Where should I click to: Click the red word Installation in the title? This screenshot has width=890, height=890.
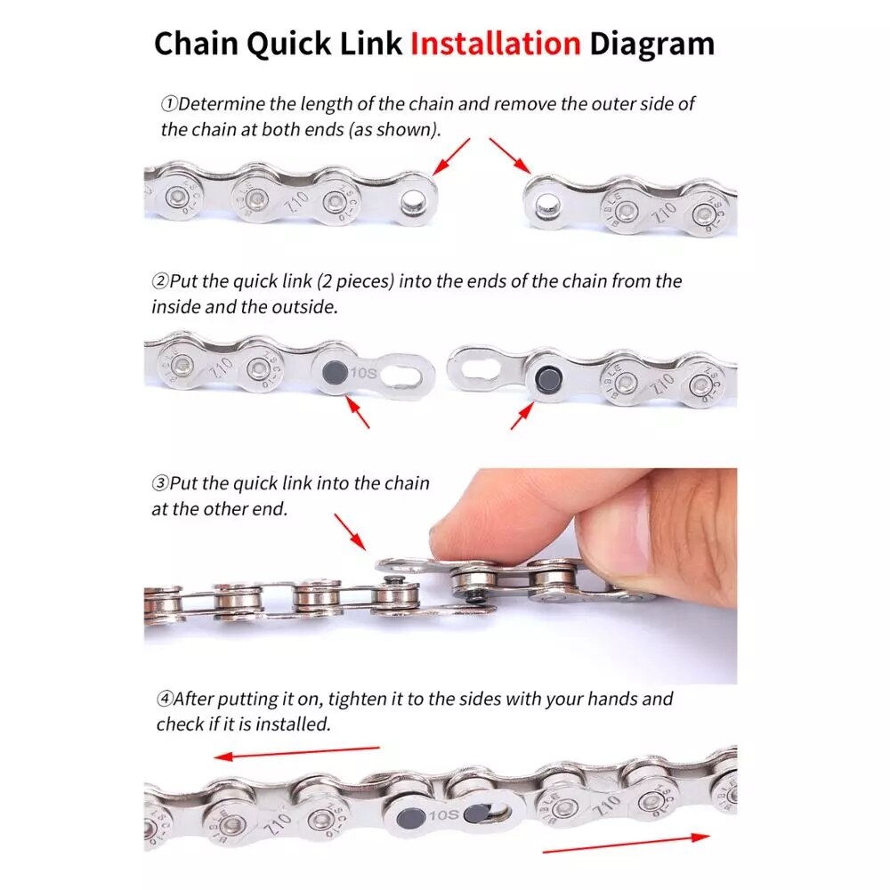[495, 44]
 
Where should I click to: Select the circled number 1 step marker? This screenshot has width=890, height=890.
[168, 104]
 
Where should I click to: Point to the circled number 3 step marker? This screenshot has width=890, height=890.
[159, 484]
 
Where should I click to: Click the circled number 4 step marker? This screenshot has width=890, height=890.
[165, 700]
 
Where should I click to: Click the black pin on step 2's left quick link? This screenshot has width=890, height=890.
[336, 373]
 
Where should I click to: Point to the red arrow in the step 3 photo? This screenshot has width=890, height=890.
[349, 531]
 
